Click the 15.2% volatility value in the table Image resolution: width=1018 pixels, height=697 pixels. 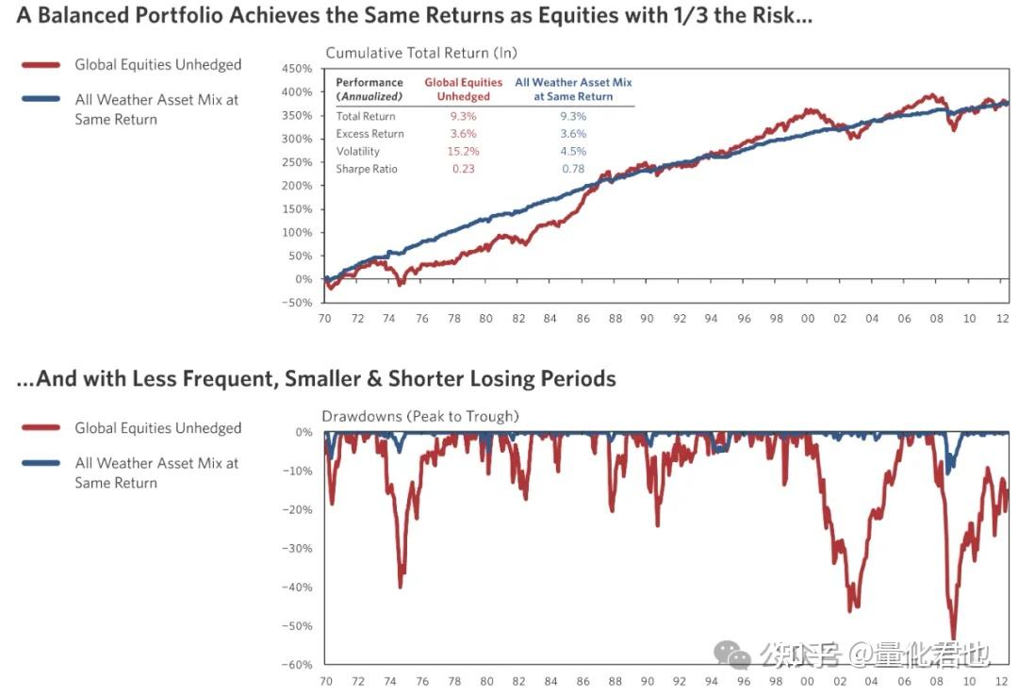(x=463, y=151)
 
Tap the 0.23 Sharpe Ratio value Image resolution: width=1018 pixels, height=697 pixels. (x=463, y=169)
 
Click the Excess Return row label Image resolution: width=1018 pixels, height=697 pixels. (x=369, y=134)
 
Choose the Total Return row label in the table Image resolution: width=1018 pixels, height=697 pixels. (x=366, y=116)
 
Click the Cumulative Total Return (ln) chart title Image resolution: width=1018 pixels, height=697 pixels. (x=421, y=53)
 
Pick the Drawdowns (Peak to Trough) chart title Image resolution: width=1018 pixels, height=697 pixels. (x=420, y=416)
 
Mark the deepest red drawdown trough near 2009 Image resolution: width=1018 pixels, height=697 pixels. (x=953, y=639)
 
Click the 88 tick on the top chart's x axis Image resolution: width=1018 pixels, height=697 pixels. (x=616, y=319)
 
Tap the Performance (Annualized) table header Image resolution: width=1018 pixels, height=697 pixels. (x=369, y=89)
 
